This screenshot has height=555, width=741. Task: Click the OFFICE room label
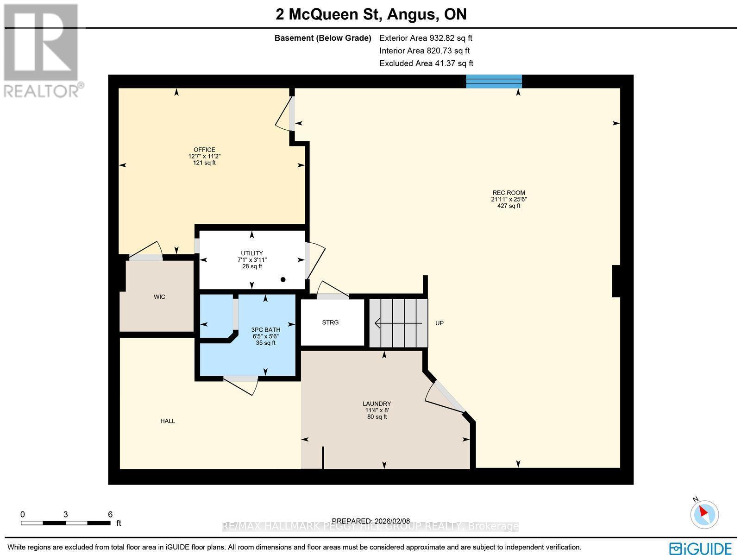[x=204, y=150]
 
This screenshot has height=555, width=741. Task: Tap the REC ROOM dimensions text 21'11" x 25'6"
[x=509, y=199]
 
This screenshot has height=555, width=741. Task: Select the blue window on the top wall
[x=494, y=82]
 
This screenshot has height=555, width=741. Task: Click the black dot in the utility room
[x=283, y=279]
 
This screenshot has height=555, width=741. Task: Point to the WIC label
[x=159, y=297]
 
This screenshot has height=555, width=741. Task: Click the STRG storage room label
[x=330, y=322]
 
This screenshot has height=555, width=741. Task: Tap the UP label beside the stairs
[x=439, y=323]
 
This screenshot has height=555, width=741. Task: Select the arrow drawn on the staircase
[x=398, y=323]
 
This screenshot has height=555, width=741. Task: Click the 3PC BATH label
[x=266, y=330]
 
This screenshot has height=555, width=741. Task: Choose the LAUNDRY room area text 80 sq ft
[x=377, y=416]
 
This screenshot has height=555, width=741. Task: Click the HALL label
[x=168, y=421]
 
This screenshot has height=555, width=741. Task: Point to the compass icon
[x=704, y=514]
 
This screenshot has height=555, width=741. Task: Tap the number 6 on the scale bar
[x=110, y=514]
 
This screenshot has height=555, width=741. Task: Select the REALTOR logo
[x=43, y=50]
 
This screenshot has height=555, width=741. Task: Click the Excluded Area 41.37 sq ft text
[x=426, y=63]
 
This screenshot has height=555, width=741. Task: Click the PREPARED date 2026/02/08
[x=370, y=521]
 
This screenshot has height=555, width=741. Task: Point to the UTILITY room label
[x=251, y=253]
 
